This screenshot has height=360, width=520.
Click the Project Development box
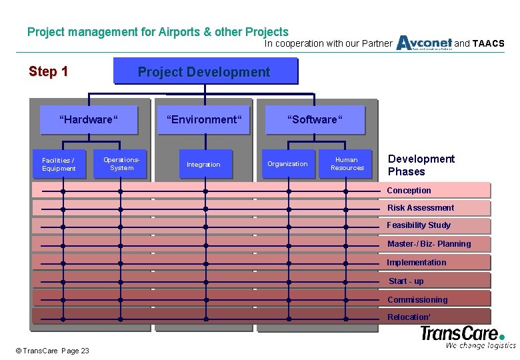click(x=205, y=72)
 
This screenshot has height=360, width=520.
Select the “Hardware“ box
click(x=89, y=120)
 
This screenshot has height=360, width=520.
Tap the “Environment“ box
click(x=204, y=120)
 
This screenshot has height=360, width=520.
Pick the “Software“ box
click(x=315, y=120)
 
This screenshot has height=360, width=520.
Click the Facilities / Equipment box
click(x=59, y=165)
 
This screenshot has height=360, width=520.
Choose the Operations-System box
click(x=122, y=164)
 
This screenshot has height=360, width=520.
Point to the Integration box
click(x=203, y=165)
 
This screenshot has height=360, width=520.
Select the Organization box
click(x=287, y=164)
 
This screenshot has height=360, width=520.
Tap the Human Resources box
click(x=347, y=164)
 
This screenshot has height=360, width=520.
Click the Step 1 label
click(x=48, y=72)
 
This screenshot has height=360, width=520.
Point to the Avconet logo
click(x=424, y=43)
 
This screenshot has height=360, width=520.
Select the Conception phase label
click(x=409, y=191)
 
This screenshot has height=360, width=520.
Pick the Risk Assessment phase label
click(x=421, y=208)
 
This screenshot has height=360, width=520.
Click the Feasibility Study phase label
click(x=419, y=225)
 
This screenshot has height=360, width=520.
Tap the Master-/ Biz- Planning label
click(x=429, y=244)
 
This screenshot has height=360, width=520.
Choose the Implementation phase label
click(x=417, y=263)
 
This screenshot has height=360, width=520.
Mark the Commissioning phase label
click(x=417, y=300)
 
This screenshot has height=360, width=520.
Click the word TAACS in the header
click(x=488, y=44)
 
